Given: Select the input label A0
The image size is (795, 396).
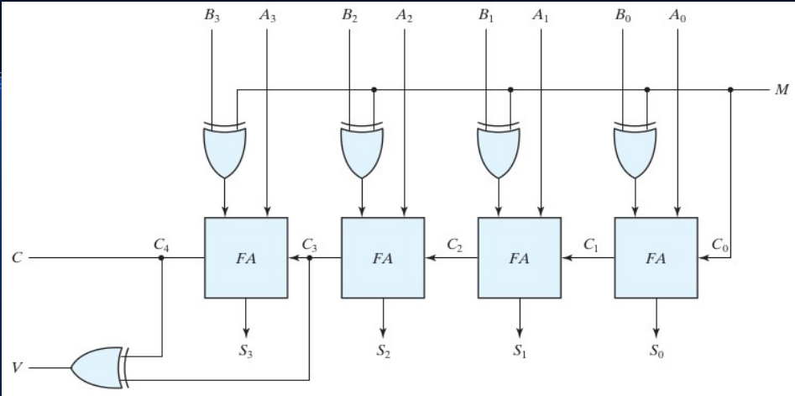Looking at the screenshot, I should tap(677, 15).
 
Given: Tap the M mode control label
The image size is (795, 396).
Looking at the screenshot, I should tap(781, 90).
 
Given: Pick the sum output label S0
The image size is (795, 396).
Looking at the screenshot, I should tap(656, 351).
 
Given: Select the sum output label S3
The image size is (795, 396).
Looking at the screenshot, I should tap(246, 351).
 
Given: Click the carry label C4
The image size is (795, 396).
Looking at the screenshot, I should tap(160, 245).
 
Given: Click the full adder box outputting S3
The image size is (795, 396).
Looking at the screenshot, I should tap(246, 258).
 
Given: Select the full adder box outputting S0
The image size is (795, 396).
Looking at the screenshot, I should tap(656, 258).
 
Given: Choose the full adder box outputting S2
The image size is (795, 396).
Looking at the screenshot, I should tap(383, 258).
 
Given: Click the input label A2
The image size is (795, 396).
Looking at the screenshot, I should tap(405, 15).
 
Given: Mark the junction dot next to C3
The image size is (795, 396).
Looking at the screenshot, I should tap(310, 258).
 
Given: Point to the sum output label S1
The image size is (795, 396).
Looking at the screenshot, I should tap(520, 351).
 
